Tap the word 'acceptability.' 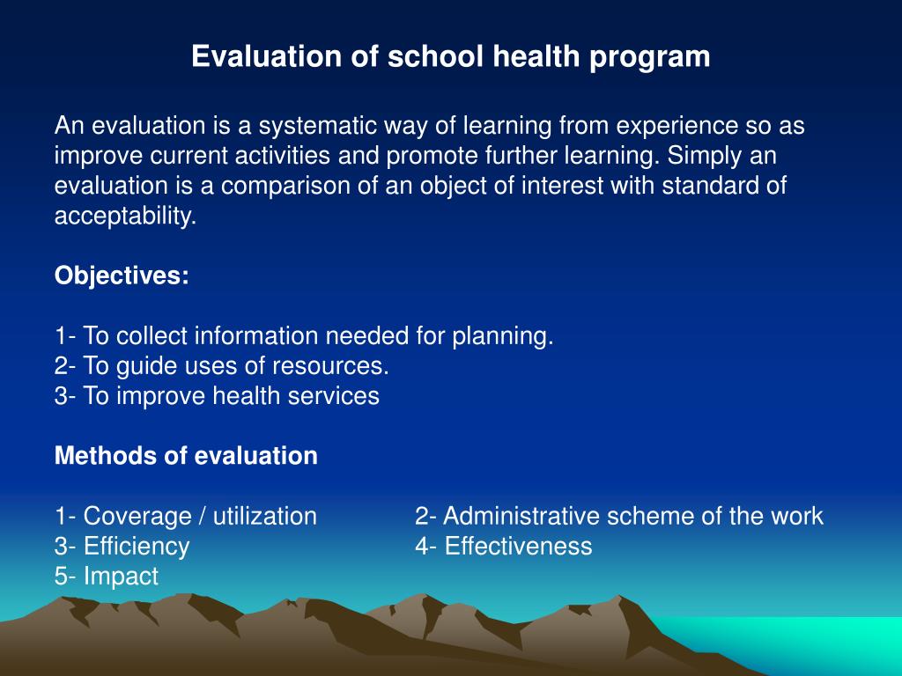pyautogui.click(x=125, y=217)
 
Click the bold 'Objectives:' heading pyautogui.click(x=122, y=276)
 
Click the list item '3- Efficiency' pyautogui.click(x=122, y=547)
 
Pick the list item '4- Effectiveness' pyautogui.click(x=503, y=547)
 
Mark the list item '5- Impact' pyautogui.click(x=106, y=577)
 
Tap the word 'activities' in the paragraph pyautogui.click(x=282, y=157)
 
